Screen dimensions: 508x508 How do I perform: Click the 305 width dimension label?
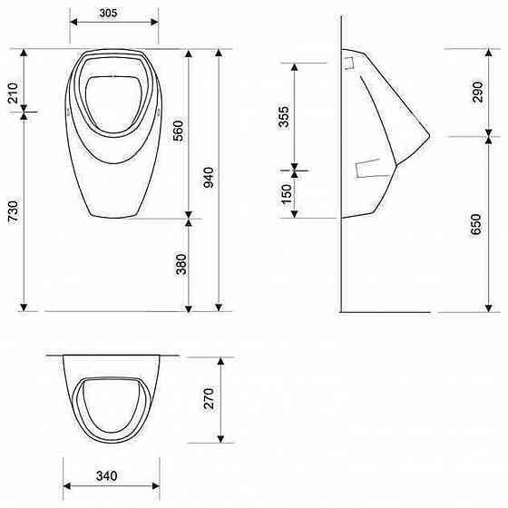coord(108,13)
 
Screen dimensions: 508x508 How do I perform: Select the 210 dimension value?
coord(14,93)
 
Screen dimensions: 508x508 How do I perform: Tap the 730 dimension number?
coord(14,211)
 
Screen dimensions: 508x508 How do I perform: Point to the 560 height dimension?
coord(178,131)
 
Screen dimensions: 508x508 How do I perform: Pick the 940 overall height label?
coord(209,177)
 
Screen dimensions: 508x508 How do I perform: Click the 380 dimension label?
coord(181,264)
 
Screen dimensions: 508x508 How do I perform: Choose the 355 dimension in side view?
coord(283,117)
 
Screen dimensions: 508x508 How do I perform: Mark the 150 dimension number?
coord(287,194)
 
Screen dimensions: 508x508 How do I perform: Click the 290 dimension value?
coord(477,92)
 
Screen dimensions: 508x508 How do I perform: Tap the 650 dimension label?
coord(476,224)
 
